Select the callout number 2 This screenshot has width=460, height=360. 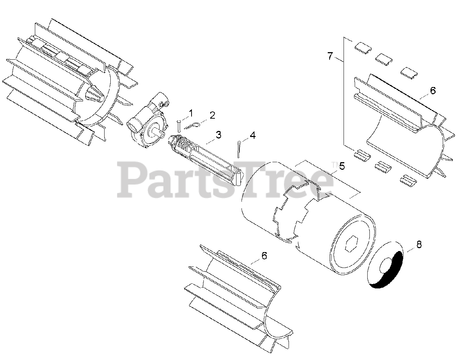[212, 115]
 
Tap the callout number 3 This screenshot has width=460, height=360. [218, 135]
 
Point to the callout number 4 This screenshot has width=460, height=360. [253, 135]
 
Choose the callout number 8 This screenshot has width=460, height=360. [419, 245]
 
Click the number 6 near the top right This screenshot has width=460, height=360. [432, 91]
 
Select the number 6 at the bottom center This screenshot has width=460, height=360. [264, 255]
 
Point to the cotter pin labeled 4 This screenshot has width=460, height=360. [238, 149]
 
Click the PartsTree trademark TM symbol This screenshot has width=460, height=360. [334, 165]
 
